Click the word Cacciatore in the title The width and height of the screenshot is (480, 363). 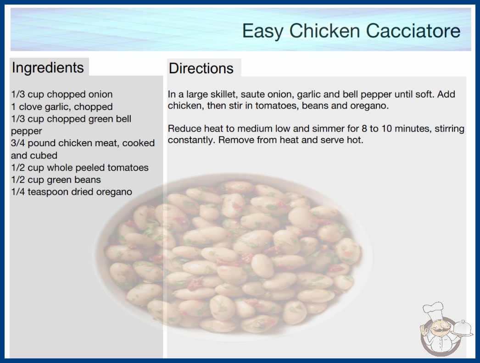[x=413, y=31]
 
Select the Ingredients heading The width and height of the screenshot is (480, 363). [x=48, y=67]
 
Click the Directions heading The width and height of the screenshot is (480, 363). [x=201, y=68]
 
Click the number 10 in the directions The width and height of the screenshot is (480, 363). [x=386, y=128]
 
